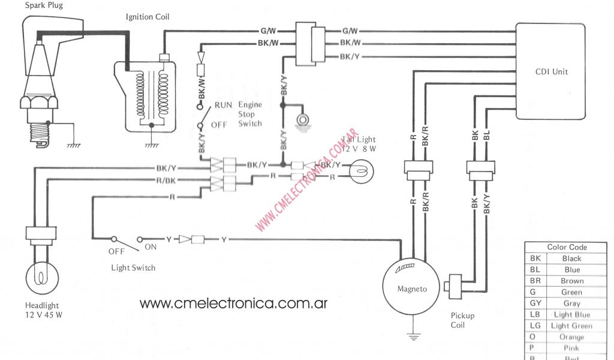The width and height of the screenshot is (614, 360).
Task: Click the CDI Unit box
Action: (x=551, y=72)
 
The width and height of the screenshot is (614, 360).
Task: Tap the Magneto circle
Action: (x=412, y=288)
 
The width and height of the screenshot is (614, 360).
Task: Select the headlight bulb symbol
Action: (x=41, y=277)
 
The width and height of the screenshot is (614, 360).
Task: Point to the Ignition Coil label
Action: (x=148, y=17)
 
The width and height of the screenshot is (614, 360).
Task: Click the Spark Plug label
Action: (x=43, y=5)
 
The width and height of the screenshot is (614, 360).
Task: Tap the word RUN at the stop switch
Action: (x=224, y=104)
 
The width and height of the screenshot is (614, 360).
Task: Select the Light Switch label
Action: (x=133, y=268)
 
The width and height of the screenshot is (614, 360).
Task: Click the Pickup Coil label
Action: (x=462, y=320)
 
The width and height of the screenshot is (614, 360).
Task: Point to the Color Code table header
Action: (x=567, y=247)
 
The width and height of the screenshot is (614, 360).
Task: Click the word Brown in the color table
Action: (x=571, y=281)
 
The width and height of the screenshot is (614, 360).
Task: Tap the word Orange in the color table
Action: (x=571, y=337)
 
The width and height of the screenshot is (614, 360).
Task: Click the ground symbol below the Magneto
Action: (x=412, y=337)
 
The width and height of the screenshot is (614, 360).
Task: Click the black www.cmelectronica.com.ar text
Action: (x=233, y=303)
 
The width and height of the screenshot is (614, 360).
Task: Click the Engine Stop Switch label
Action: (x=250, y=114)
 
